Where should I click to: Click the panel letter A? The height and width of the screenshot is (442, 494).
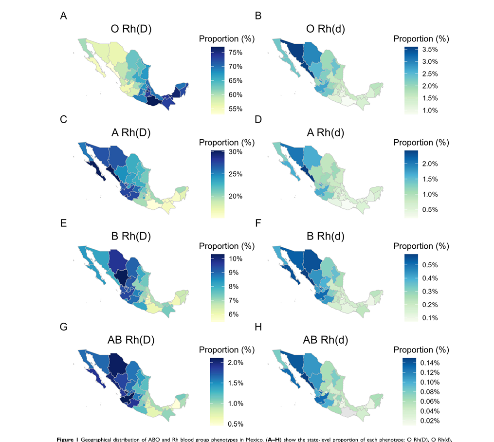click(63, 16)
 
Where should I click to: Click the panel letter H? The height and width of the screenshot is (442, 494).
click(258, 327)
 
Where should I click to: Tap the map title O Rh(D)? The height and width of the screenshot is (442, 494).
click(131, 29)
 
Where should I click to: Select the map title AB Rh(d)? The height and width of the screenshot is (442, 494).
click(326, 340)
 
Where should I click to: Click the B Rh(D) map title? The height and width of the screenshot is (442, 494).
click(131, 236)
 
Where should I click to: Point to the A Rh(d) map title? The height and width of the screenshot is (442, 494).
click(326, 132)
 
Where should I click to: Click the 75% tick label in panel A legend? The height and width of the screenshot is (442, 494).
click(236, 53)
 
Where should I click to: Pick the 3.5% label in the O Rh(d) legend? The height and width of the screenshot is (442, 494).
click(430, 50)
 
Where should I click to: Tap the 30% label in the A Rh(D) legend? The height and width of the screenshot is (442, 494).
click(236, 152)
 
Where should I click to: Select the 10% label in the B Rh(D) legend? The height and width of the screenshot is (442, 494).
click(236, 259)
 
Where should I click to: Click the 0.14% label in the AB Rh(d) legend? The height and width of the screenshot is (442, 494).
click(430, 363)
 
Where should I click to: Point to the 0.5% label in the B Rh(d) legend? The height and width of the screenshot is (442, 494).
click(430, 265)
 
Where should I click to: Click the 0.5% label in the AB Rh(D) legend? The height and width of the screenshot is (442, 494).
click(236, 424)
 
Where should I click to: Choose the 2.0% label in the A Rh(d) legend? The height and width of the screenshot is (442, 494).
click(430, 164)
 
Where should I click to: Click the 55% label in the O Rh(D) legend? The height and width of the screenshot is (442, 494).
click(236, 109)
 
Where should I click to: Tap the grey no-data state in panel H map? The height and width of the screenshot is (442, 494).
click(348, 412)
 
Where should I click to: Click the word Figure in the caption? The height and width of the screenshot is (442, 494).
click(65, 439)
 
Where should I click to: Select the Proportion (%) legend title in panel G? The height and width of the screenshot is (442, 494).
click(227, 350)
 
